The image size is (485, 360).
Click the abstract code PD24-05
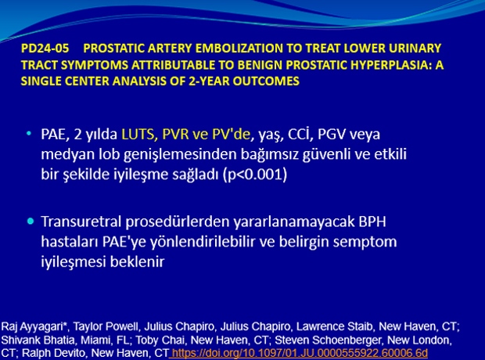(x=45, y=49)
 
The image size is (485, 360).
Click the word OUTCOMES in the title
(x=266, y=81)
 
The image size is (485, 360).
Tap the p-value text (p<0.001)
(x=255, y=175)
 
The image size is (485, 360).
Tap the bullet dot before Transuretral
(x=31, y=221)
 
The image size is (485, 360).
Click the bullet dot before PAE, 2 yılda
(x=29, y=134)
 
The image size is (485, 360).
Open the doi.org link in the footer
(x=300, y=353)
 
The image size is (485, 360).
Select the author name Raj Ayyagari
(x=34, y=326)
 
